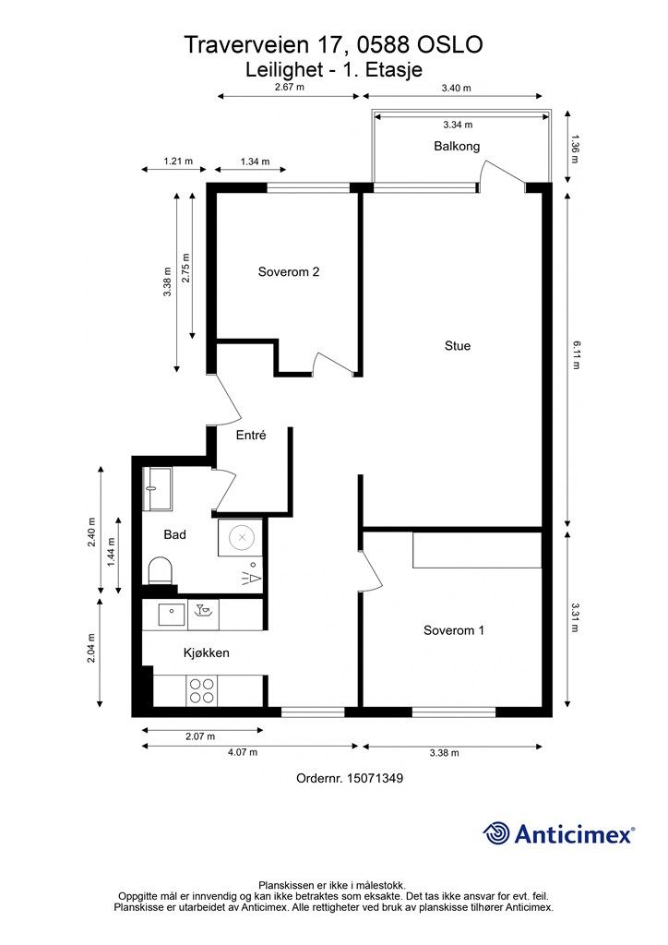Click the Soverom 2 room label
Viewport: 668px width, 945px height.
289,272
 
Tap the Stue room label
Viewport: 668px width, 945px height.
458,346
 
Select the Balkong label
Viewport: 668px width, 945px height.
457,147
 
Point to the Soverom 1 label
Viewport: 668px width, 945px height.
454,630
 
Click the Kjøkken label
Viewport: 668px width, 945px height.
206,652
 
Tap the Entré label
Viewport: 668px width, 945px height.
251,435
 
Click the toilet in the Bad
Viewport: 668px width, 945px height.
161,570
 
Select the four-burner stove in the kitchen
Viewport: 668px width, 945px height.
201,690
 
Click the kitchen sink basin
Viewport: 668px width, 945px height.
172,614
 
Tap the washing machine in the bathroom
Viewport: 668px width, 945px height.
240,538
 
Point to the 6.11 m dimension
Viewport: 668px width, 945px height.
575,355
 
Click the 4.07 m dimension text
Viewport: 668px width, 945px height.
242,752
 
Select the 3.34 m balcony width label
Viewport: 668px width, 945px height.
458,125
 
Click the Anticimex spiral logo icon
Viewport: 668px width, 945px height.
496,833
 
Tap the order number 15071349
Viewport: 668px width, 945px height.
375,778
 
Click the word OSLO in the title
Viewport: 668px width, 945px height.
449,44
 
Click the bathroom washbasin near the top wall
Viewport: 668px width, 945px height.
158,488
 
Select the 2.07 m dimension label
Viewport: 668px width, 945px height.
200,736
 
